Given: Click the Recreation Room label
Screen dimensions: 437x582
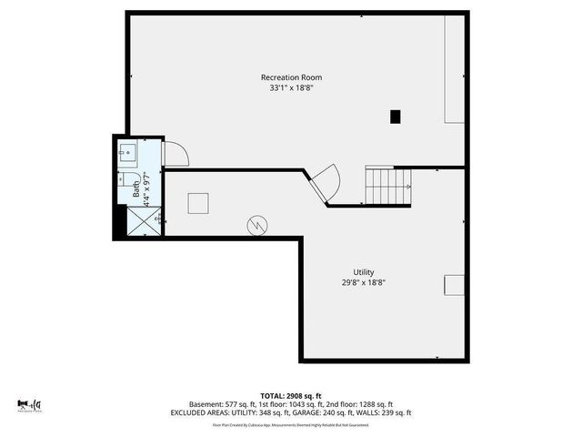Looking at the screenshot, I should click(291, 77).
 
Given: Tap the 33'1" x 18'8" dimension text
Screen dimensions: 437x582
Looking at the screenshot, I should click(291, 89).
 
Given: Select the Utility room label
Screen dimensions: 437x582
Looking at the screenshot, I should click(364, 272).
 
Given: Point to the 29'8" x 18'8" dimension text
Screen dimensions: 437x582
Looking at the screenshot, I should click(364, 283).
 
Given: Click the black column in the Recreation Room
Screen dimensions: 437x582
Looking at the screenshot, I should click(395, 116).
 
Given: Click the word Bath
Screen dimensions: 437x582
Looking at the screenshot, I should click(136, 190).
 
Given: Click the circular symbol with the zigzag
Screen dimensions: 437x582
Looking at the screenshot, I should click(259, 223).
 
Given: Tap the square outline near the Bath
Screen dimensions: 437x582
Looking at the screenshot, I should click(198, 203).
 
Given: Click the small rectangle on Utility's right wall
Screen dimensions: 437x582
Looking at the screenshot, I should click(454, 285).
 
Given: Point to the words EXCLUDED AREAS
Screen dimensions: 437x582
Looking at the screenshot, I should click(196, 412).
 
